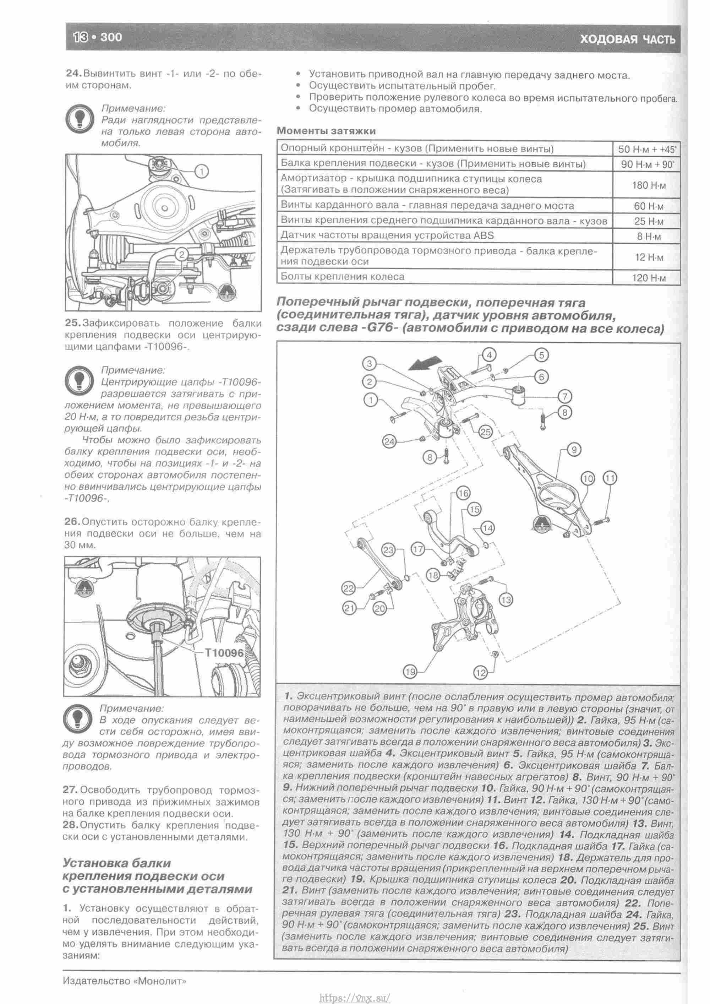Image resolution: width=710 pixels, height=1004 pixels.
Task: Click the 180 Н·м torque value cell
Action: [648, 185]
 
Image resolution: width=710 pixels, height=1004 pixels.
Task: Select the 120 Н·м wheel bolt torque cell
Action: [648, 278]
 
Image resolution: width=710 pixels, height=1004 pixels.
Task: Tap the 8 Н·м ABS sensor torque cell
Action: [648, 237]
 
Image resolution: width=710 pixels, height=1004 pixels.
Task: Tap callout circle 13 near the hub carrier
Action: [506, 600]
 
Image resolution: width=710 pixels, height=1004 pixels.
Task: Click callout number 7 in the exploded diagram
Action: [564, 397]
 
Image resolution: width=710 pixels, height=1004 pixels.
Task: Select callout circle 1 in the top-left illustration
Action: [202, 172]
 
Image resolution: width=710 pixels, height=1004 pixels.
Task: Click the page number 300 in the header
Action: [111, 37]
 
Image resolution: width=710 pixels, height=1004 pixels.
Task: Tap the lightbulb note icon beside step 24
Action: [80, 119]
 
